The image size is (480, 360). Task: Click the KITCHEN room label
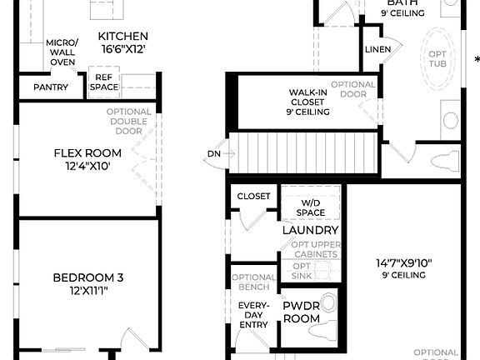(122, 36)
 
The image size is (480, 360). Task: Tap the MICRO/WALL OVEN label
(62, 52)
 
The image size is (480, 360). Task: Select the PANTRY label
(51, 87)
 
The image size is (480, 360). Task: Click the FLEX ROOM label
(87, 152)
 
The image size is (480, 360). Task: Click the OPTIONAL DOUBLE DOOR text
(129, 122)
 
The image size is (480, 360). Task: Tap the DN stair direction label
(213, 154)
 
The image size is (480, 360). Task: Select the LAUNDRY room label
(310, 230)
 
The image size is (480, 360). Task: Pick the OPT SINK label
(302, 271)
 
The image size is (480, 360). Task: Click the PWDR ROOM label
(302, 312)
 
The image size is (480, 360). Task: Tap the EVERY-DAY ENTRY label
(253, 315)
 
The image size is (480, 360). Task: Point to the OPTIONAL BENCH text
(253, 282)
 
